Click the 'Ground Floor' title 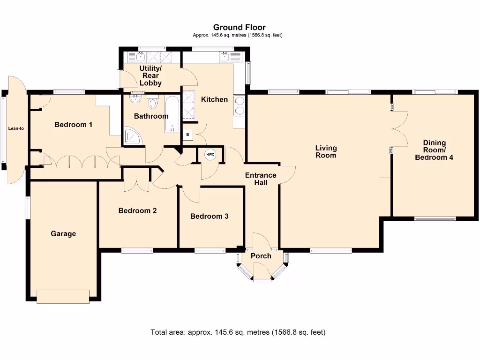[x=239, y=27]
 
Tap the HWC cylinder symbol [x=210, y=154]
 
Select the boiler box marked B [x=188, y=135]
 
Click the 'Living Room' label [x=326, y=151]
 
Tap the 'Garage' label [x=63, y=233]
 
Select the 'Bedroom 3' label [x=209, y=216]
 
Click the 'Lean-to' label [x=16, y=128]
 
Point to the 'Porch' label [x=261, y=256]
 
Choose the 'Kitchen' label [x=214, y=99]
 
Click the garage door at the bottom [x=63, y=296]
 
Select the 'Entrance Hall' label [x=261, y=179]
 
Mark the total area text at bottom [x=238, y=332]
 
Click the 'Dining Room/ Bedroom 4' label [x=434, y=150]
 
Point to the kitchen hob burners [x=239, y=105]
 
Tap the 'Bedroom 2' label [x=137, y=210]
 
